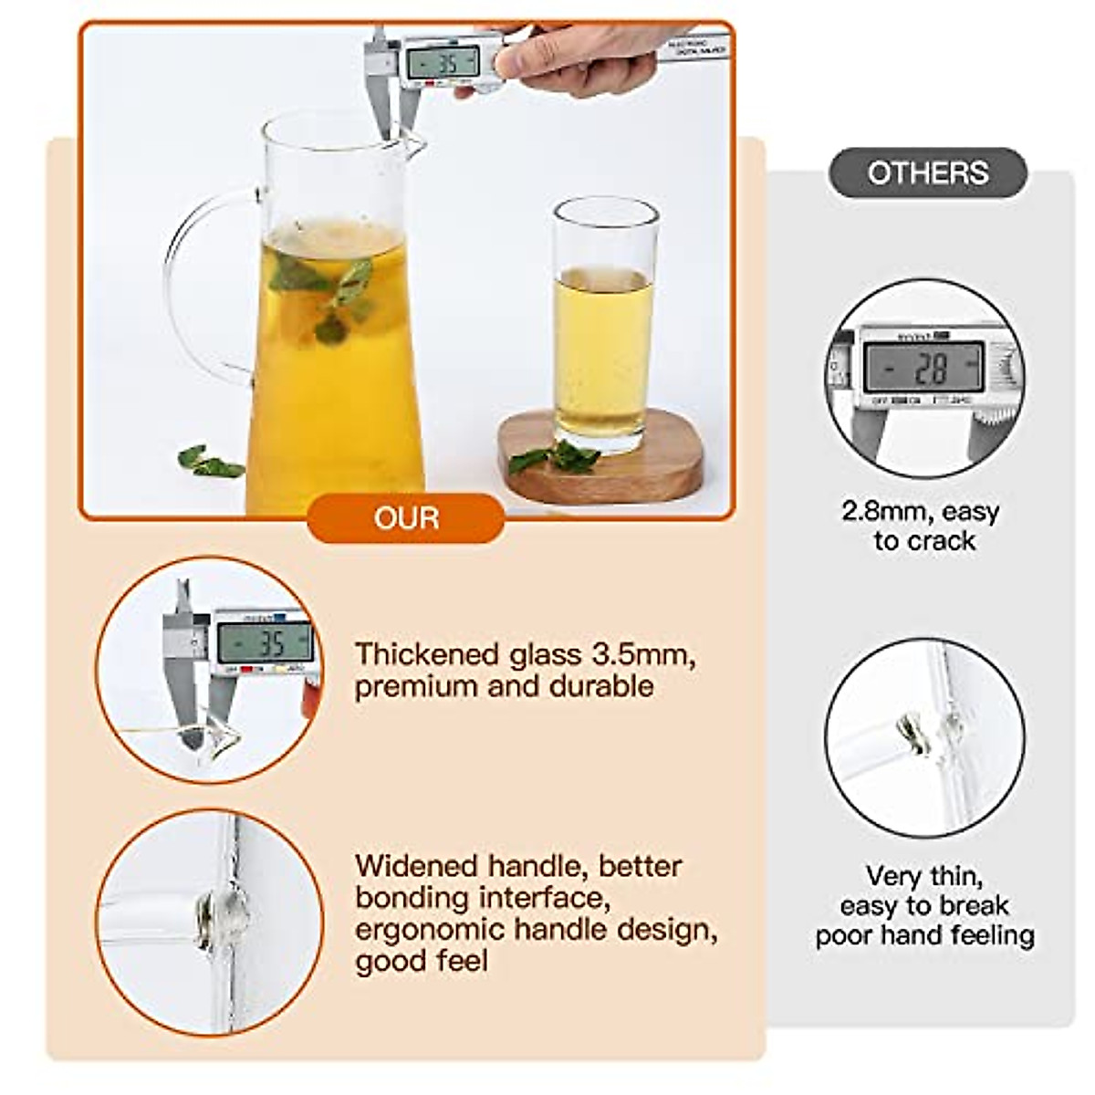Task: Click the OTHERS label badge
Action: click(927, 172)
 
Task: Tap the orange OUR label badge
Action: click(406, 518)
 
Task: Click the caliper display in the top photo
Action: click(443, 63)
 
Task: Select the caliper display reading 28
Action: click(923, 367)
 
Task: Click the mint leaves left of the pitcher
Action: click(210, 463)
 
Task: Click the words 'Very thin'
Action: click(923, 876)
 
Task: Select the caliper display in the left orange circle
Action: click(265, 643)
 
